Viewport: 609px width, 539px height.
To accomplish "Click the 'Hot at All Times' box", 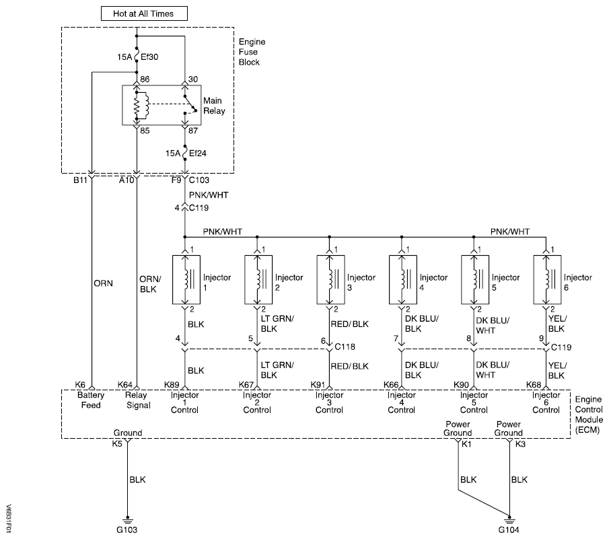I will [144, 13].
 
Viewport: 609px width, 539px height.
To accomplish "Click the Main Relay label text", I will [214, 106].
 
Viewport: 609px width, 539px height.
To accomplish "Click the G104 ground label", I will [509, 530].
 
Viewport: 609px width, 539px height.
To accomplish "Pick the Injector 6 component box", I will [546, 277].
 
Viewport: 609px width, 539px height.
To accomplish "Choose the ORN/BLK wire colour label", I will [149, 282].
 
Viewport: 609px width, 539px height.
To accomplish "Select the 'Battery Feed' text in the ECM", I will [91, 400].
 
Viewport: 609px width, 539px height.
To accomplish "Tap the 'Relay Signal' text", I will [137, 400].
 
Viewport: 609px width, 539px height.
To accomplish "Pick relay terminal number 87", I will [192, 132].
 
